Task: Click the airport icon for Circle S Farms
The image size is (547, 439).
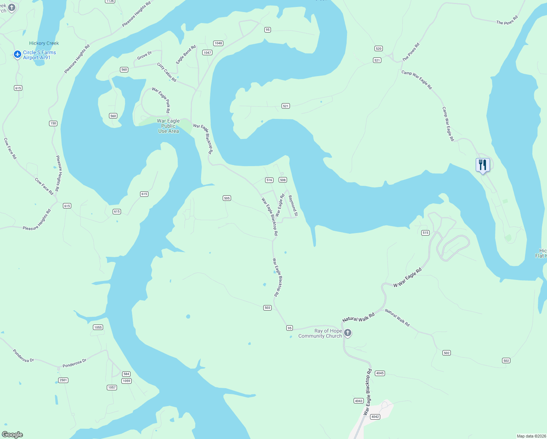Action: coord(17,55)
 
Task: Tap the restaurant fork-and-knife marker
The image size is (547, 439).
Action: coord(483,165)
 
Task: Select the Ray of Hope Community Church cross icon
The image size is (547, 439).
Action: coord(348,333)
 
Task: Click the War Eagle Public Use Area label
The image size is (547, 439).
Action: coord(169,126)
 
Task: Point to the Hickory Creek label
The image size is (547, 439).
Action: coord(44,43)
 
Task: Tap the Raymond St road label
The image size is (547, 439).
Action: coord(293,206)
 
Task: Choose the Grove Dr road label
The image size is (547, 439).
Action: coord(144,56)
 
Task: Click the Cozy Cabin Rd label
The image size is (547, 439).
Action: coord(167,72)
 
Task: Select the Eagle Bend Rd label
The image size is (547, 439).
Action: coord(186,55)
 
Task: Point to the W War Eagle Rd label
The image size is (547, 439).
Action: coord(408,277)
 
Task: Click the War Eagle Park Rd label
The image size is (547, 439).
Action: coord(161,100)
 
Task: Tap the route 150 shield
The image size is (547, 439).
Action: coord(53,123)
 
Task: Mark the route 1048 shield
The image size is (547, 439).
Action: coord(218,43)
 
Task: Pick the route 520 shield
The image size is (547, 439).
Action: coord(378,48)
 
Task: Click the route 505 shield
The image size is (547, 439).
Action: coord(227,198)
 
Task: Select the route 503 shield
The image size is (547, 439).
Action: coord(267,308)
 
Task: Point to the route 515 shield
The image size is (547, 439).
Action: coord(425,233)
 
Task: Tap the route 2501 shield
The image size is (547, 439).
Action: coord(63,380)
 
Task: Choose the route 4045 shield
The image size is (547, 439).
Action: coord(380,373)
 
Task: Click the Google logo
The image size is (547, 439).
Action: coord(12,435)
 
